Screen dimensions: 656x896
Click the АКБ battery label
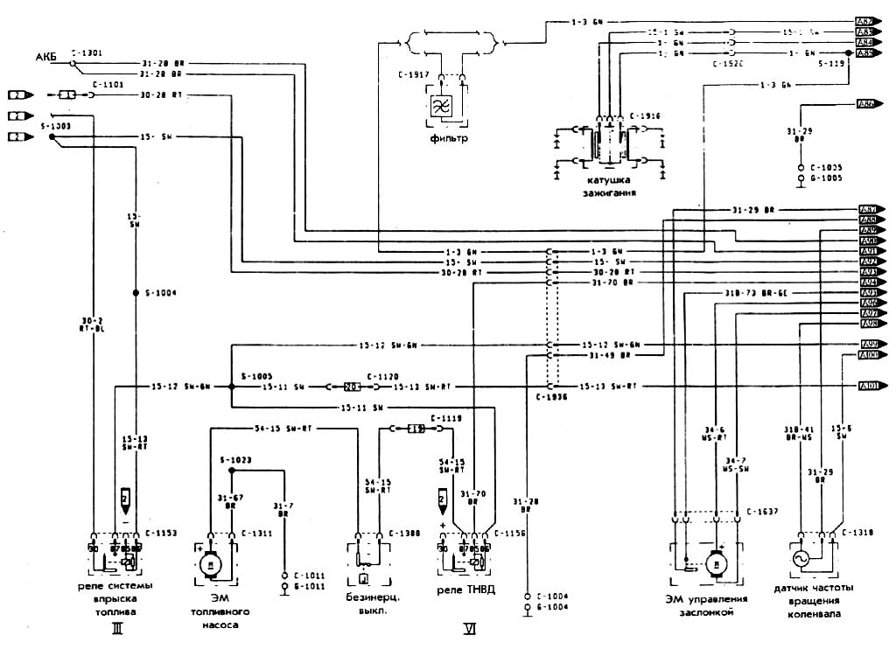(x=45, y=58)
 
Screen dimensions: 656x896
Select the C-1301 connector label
(x=87, y=52)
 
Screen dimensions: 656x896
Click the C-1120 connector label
(x=382, y=373)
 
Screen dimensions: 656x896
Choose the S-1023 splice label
(x=235, y=458)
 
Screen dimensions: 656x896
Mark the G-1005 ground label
(x=826, y=177)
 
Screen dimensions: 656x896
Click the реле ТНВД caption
(x=466, y=589)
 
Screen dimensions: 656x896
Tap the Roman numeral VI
(x=469, y=627)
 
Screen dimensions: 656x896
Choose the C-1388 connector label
(x=406, y=532)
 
